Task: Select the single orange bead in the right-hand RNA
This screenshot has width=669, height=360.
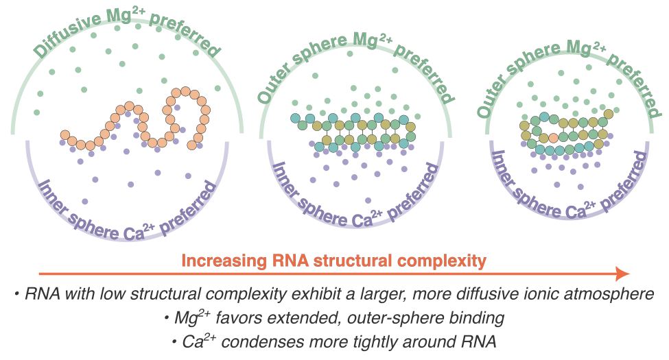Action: [x=553, y=138]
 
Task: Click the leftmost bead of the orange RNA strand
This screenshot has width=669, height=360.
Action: [x=64, y=135]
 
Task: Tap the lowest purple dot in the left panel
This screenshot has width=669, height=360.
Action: [x=85, y=201]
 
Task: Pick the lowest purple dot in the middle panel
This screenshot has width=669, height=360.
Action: [x=368, y=200]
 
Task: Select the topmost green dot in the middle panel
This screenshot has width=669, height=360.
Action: [x=314, y=75]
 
